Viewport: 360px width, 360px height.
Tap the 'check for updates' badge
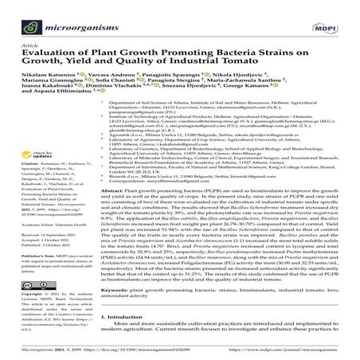pyautogui.click(x=43, y=156)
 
